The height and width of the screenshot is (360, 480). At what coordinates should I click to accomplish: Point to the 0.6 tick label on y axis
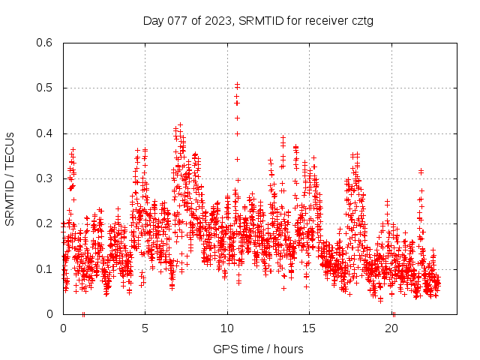(44, 43)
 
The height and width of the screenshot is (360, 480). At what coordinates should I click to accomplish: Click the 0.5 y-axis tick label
(44, 88)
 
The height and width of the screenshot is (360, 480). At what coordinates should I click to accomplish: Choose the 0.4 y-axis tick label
(44, 133)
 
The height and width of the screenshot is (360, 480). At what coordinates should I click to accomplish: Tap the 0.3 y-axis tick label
(44, 178)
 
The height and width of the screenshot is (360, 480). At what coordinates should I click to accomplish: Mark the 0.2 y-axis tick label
(44, 223)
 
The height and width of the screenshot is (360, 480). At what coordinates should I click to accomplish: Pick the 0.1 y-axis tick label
(44, 268)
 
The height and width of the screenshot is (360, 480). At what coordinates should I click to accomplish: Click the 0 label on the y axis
(49, 314)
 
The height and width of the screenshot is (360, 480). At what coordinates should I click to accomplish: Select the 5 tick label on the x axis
(145, 328)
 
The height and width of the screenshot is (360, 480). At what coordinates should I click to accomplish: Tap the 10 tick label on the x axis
(227, 328)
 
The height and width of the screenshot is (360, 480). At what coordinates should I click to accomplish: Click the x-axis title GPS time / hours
(258, 349)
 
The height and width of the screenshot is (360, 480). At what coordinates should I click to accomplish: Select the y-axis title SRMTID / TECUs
(10, 178)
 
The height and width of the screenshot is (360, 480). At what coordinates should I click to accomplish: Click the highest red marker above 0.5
(237, 85)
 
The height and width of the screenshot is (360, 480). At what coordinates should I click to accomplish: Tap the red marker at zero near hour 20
(393, 313)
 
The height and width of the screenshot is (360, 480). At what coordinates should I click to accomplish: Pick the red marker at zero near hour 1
(83, 313)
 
